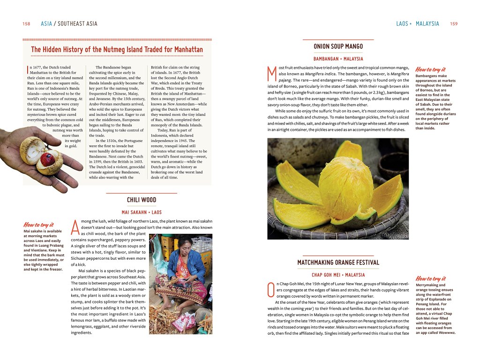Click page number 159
coord(453,24)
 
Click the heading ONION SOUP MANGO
coord(338,46)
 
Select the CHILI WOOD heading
coord(142,200)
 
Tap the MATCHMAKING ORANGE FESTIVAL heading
coord(338,262)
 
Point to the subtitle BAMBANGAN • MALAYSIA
coord(338,59)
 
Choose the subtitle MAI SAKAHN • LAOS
coord(142,212)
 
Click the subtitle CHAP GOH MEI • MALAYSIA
coord(338,275)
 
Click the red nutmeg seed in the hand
coord(47,159)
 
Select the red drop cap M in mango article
coord(271,74)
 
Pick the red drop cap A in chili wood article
coord(75,227)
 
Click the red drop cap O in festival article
coord(270,290)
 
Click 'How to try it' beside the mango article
coord(430,69)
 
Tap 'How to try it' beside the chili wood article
coord(38,225)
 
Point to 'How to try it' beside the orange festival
coord(430,278)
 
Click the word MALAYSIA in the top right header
coord(427,24)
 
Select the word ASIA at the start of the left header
coord(46,24)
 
